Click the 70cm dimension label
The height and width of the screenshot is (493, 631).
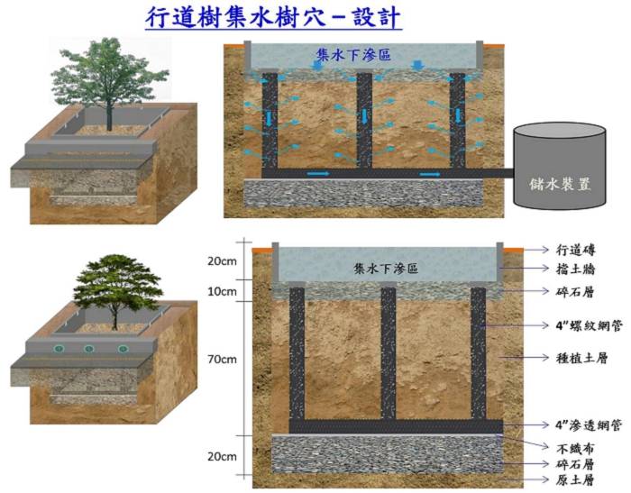(222, 359)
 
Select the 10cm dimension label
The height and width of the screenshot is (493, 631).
(222, 291)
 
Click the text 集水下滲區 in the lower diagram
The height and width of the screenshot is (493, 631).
(387, 269)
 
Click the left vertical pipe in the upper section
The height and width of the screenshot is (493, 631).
(269, 122)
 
